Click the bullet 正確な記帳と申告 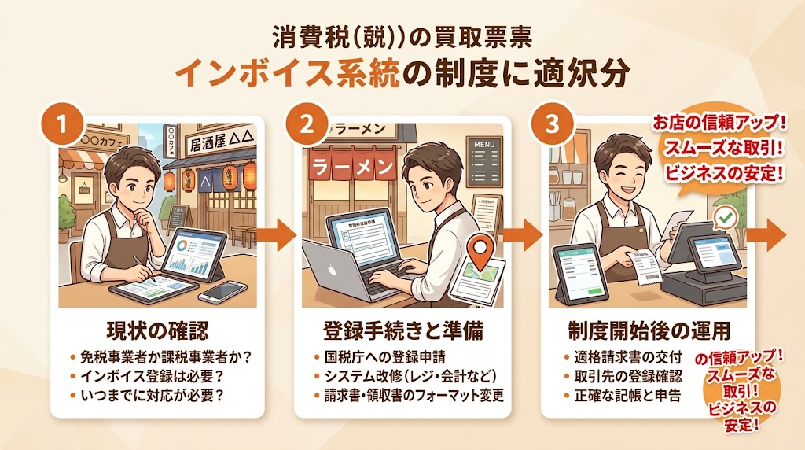click(621, 395)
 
